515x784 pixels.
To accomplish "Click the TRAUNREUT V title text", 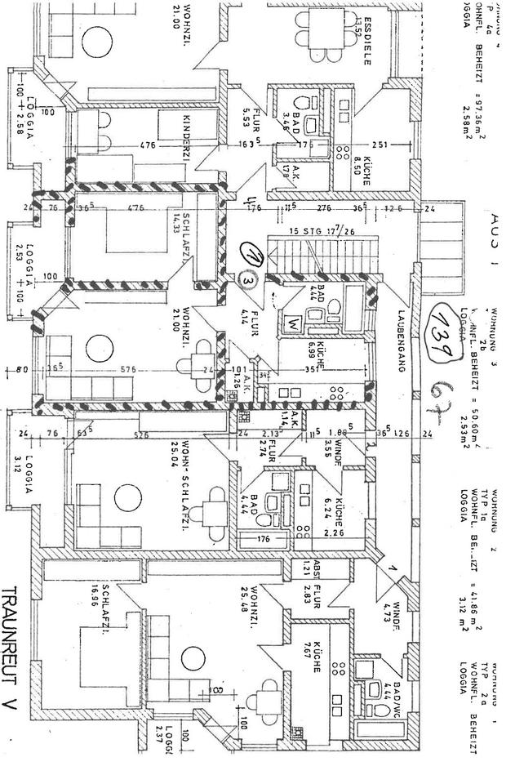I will (x=16, y=653).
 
